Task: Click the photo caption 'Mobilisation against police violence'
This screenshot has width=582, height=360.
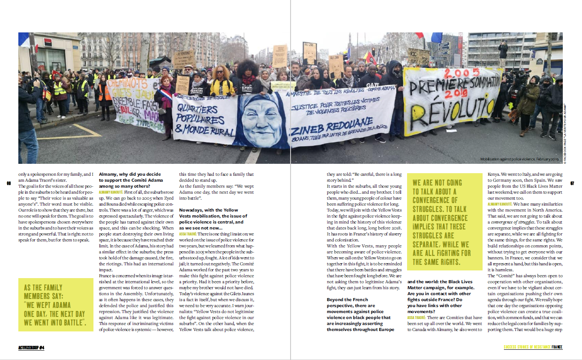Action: pos(519,159)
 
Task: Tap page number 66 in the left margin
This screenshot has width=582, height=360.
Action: pos(9,184)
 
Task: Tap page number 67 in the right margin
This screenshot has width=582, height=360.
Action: pos(572,184)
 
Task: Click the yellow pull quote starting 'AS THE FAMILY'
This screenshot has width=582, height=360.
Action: pos(56,305)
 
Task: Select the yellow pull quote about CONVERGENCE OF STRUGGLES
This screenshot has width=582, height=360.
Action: pos(442,222)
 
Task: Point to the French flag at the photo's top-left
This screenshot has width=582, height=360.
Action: pos(24,39)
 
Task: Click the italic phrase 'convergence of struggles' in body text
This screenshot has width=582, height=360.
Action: pos(518,222)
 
